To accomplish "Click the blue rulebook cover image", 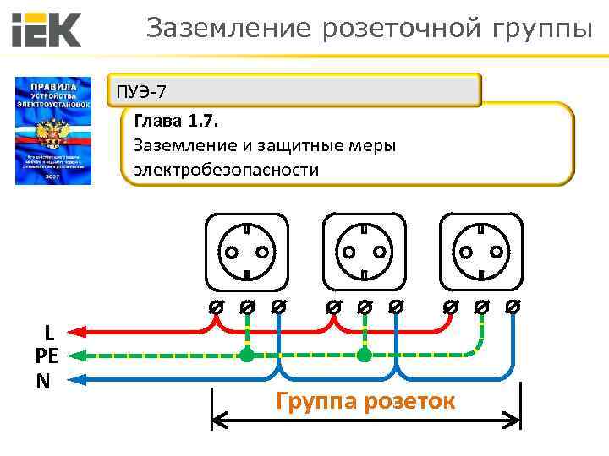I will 52,131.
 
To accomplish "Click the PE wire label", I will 47,356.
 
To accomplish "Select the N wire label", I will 43,381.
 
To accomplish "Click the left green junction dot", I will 246,355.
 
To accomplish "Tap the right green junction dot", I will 364,355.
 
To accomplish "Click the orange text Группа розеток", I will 365,400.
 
